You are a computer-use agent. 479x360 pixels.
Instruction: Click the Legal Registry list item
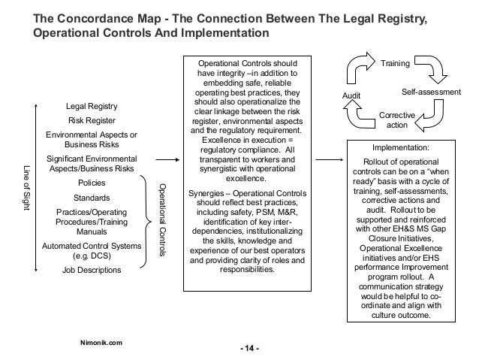[92, 106]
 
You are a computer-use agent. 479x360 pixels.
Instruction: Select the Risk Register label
[92, 120]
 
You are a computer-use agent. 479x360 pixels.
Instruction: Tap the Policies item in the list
[92, 183]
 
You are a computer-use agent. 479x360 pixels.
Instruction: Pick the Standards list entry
[92, 198]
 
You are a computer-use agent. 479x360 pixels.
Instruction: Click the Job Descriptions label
[92, 270]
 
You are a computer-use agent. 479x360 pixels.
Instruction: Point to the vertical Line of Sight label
[27, 188]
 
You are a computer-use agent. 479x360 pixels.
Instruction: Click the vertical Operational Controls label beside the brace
[162, 220]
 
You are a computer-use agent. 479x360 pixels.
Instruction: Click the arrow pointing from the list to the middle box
[167, 159]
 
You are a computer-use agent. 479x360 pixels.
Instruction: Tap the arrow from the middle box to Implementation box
[330, 159]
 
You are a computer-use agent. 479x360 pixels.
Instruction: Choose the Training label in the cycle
[395, 63]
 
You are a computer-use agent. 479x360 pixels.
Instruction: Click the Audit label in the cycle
[351, 95]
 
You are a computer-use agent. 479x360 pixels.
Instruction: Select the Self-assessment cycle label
[431, 92]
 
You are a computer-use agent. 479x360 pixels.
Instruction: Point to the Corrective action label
[397, 120]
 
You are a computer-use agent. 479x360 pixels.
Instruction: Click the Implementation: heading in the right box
[401, 148]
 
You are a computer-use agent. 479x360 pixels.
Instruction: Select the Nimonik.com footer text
[101, 343]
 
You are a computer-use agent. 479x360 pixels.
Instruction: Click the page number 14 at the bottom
[249, 349]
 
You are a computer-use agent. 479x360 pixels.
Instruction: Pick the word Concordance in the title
[109, 18]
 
